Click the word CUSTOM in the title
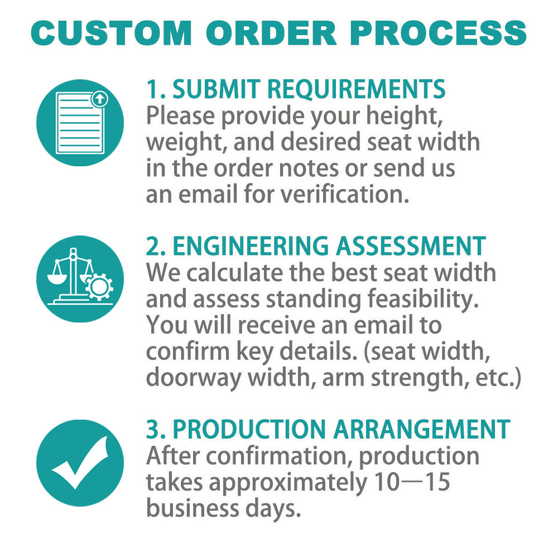(x=112, y=33)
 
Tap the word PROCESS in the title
(x=438, y=33)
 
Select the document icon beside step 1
(x=80, y=122)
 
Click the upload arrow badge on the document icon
(x=100, y=99)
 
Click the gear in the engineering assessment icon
(x=99, y=286)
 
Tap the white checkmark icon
(x=80, y=463)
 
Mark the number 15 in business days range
(x=438, y=482)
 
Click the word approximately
(x=288, y=483)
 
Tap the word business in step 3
(x=193, y=508)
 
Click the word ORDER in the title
(x=271, y=33)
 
